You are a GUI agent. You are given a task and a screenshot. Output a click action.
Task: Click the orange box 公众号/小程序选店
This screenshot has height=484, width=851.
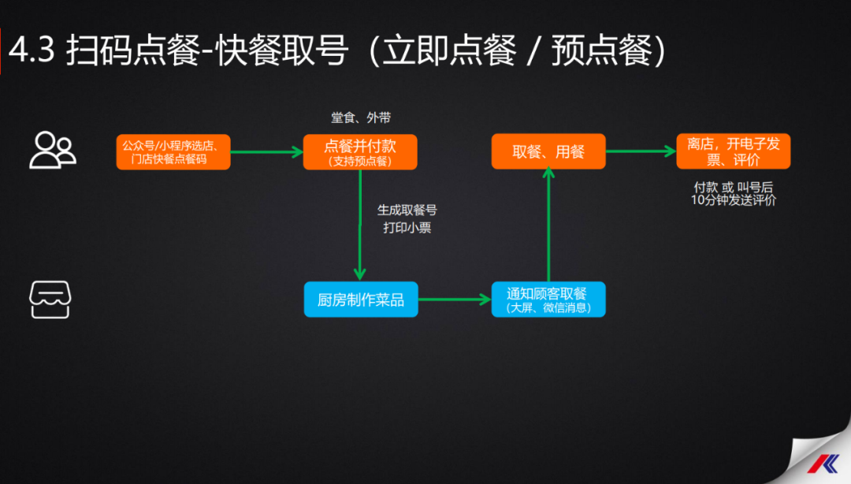pos(173,152)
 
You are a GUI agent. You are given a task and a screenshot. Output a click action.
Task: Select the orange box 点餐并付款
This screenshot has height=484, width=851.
pos(360,152)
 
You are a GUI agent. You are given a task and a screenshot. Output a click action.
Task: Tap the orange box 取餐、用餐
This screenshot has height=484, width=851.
pos(548,151)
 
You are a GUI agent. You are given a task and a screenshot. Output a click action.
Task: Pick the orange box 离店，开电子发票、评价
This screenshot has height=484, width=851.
pos(734,151)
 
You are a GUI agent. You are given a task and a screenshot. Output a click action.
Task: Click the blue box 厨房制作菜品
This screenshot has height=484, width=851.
pos(361,300)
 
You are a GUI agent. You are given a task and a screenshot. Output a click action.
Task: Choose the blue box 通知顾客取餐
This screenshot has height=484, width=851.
pos(548,300)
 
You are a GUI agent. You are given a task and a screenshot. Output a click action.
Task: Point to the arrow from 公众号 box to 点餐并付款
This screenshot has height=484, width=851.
pos(267,152)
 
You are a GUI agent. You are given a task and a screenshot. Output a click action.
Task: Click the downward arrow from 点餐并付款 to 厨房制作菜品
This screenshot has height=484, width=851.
pos(360,225)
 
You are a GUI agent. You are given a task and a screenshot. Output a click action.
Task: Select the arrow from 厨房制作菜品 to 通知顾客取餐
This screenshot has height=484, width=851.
pos(455,300)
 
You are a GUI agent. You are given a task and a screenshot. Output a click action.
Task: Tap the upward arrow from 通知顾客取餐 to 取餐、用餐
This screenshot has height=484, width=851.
pos(548,225)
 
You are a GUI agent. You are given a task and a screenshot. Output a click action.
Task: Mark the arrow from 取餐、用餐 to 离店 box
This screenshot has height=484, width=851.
pos(641,151)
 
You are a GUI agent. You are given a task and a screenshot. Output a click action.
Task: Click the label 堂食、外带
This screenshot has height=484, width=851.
pos(361,117)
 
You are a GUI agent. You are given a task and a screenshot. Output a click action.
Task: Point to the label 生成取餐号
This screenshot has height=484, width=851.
pos(407,210)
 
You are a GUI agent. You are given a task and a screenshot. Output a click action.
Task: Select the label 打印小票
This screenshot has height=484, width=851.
pos(407,228)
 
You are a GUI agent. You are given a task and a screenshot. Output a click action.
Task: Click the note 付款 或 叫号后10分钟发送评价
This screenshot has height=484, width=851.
pos(734,194)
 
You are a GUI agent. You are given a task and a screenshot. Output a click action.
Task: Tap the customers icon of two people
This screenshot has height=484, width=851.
pos(53,151)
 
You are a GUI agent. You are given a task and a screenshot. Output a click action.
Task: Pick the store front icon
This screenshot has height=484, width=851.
pos(50,300)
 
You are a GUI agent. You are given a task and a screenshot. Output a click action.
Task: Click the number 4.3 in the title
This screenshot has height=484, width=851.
pos(32,50)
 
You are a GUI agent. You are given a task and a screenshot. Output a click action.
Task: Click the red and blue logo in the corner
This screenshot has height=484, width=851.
pos(823,464)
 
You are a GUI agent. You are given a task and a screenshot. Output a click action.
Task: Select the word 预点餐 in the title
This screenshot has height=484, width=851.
pos(602,50)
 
